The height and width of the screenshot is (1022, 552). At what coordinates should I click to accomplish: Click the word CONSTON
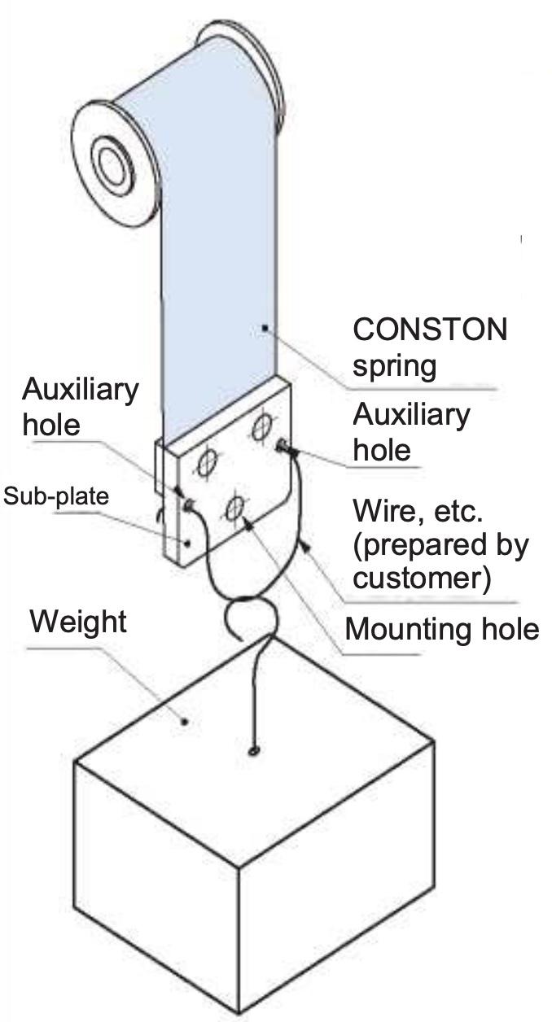point(429,330)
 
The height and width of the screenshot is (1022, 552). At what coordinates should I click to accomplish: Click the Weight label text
point(78,622)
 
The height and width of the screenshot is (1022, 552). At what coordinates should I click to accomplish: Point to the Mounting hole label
point(441,629)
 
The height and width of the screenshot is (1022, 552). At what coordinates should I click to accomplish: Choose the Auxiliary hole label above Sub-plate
point(79,406)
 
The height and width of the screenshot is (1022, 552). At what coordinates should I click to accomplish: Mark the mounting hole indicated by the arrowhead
point(235,509)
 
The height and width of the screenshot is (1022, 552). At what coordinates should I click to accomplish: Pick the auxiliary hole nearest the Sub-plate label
point(188,506)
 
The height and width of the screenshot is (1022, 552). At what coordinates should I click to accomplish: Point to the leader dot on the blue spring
point(265,328)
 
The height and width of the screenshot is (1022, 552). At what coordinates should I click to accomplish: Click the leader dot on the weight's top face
point(186,720)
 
